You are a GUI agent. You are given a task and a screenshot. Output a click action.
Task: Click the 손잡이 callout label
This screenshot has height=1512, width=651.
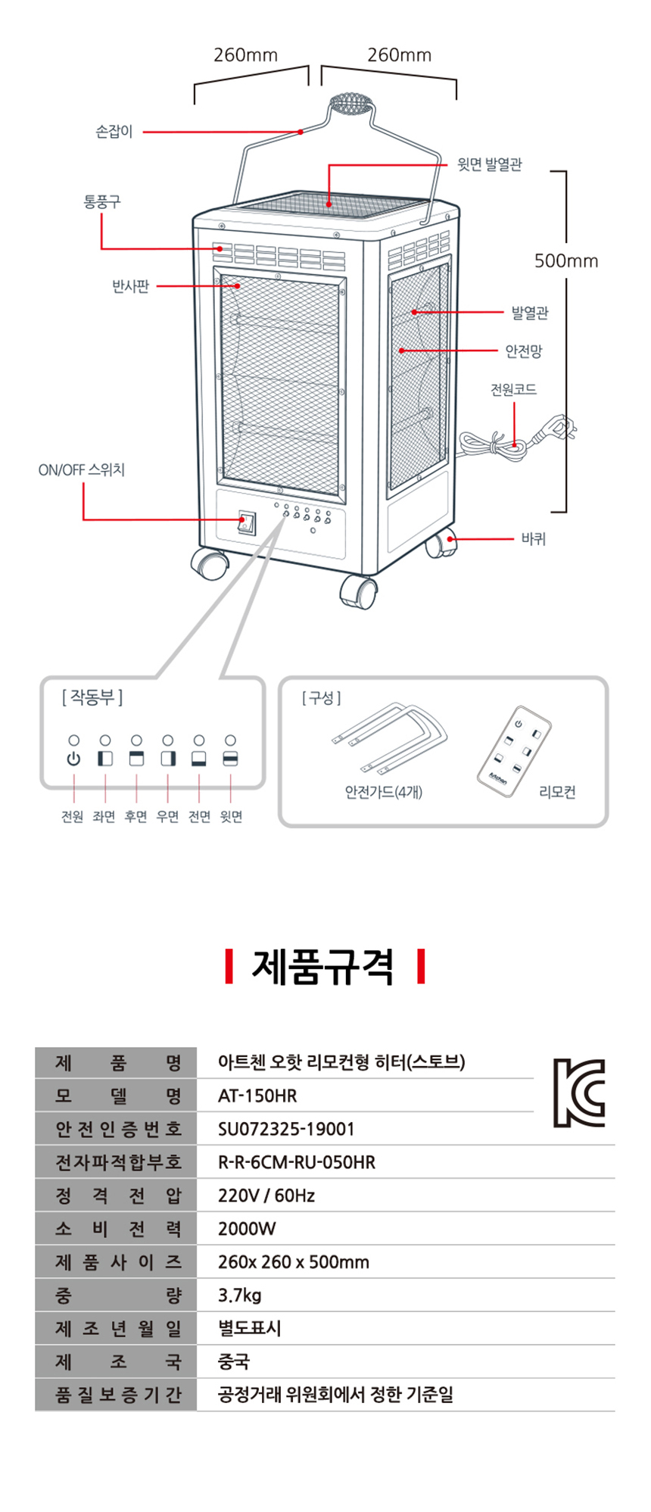tap(114, 132)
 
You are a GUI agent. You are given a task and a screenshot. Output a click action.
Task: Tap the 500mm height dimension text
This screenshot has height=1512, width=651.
tap(565, 261)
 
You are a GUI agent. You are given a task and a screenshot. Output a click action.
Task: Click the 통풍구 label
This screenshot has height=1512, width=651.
tap(101, 201)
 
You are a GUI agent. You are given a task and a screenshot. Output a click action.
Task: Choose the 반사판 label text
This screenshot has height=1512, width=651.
tap(130, 286)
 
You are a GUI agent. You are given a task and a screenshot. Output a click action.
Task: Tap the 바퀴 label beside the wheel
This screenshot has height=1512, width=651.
tap(533, 539)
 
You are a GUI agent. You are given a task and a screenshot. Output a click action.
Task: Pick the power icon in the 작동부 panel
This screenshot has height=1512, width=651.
tap(73, 759)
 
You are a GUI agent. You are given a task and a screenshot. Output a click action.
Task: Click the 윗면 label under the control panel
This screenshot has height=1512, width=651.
tap(231, 817)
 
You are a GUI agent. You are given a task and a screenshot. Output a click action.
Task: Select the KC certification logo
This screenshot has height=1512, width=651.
tap(579, 1092)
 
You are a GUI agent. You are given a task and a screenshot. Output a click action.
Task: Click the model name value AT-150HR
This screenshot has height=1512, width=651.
tap(257, 1096)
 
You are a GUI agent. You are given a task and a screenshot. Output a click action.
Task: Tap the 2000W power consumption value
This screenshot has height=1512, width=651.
tap(247, 1229)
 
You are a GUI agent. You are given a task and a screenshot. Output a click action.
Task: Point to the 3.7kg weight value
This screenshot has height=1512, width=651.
tap(239, 1295)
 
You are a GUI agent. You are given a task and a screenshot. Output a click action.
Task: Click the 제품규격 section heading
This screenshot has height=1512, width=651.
tap(323, 967)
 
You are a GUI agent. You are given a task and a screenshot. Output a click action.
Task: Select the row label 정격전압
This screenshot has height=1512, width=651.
tap(118, 1196)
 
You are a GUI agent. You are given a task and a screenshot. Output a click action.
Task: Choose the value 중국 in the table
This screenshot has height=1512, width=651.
tap(233, 1362)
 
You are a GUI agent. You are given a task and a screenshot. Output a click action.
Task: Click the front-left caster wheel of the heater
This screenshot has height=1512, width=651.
tap(210, 564)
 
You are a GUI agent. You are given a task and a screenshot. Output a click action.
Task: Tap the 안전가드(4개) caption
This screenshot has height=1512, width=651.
tap(383, 792)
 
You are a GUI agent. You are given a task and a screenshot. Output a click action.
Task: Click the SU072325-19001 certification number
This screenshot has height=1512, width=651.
tap(286, 1129)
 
